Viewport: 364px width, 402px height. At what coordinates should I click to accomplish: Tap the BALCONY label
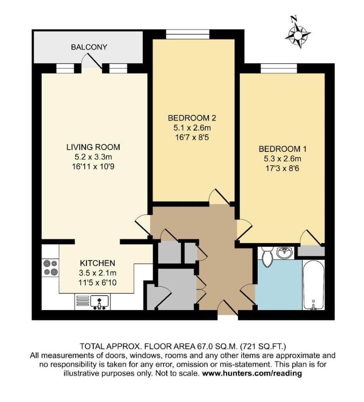click(89, 47)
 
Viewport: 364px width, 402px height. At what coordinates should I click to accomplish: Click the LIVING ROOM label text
click(93, 148)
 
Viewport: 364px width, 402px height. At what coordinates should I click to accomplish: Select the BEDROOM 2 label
click(192, 118)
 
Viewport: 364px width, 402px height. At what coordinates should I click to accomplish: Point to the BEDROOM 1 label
click(282, 149)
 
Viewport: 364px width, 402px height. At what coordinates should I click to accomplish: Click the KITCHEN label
click(97, 263)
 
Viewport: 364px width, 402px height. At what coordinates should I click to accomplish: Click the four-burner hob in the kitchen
click(50, 267)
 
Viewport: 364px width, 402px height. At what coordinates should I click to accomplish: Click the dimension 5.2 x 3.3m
click(93, 157)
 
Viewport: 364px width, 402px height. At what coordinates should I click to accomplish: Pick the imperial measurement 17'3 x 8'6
click(282, 169)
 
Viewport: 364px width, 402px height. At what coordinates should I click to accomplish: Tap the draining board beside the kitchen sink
click(82, 301)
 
